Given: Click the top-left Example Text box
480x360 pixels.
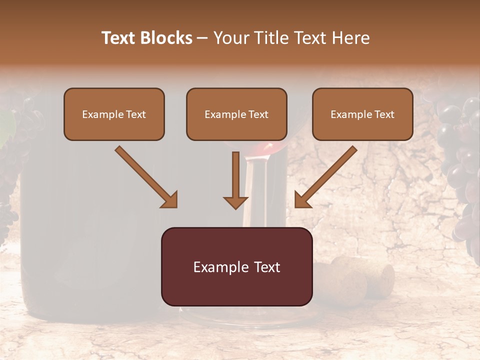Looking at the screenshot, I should coord(114,114).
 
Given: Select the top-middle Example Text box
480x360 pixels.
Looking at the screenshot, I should coord(236,114).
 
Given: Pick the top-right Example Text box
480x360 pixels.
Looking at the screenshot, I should coord(362,114).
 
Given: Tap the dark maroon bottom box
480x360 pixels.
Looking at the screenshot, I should coord(236,266).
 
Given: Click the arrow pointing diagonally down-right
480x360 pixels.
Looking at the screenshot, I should coord(145,176).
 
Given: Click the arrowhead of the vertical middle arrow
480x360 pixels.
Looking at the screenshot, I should coord(235,202).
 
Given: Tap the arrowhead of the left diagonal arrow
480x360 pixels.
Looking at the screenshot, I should coord(170,200).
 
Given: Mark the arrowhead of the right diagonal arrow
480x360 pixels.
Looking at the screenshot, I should coord(302,200).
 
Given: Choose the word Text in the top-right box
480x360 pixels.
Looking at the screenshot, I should coord(383,114).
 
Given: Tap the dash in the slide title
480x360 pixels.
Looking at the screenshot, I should coord(202,38).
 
